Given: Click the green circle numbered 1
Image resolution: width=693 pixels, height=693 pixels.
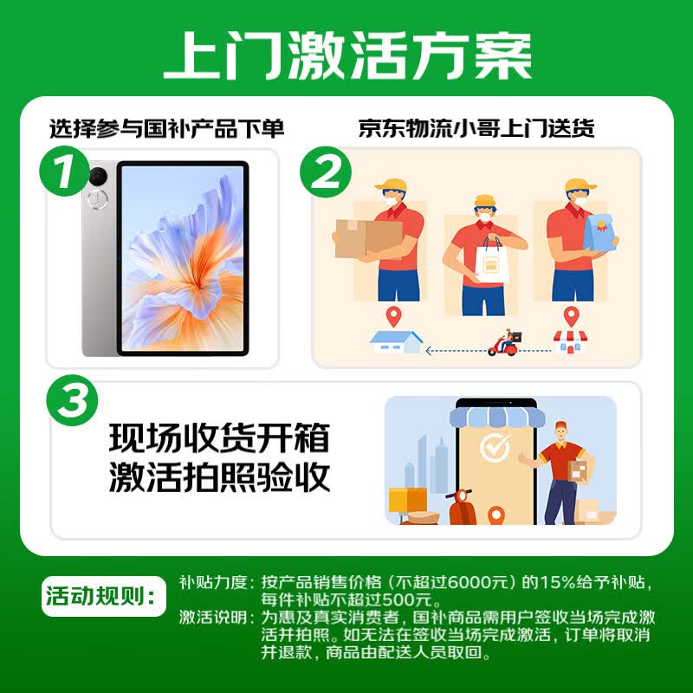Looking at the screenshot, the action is [x=64, y=171].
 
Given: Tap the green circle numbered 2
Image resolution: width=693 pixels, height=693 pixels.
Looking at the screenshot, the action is [x=326, y=172].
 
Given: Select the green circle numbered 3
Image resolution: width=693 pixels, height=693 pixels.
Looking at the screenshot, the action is [x=72, y=400].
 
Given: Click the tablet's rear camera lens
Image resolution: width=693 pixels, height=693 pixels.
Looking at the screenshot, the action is [x=98, y=177].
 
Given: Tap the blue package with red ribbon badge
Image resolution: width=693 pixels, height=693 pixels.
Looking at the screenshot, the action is [x=599, y=233].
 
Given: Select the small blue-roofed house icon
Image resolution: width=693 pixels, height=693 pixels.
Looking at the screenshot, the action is [x=396, y=342].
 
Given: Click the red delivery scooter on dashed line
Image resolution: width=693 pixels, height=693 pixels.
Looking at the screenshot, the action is [x=505, y=343].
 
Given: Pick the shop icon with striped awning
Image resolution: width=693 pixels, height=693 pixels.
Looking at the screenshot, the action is [x=570, y=341].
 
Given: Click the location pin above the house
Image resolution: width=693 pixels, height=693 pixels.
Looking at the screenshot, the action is [x=393, y=317].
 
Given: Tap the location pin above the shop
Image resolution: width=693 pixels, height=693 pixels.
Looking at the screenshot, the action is [x=571, y=317].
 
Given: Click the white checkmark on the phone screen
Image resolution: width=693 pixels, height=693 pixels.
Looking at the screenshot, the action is [x=495, y=447].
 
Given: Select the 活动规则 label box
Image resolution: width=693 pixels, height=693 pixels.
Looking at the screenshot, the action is [x=104, y=596].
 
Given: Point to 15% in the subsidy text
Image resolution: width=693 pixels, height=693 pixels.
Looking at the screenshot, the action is [x=556, y=582].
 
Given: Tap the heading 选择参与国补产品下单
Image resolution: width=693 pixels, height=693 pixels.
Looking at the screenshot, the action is [x=166, y=128].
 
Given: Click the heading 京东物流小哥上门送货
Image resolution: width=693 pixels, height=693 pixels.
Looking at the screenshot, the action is [x=476, y=128].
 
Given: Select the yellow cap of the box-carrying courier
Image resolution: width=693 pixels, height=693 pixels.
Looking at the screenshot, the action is [x=392, y=185].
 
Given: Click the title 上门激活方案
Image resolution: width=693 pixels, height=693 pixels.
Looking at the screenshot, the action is [x=347, y=56].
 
